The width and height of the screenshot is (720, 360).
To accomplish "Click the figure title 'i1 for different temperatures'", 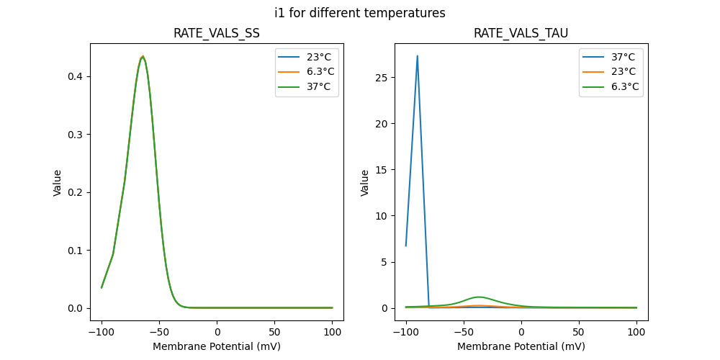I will pyautogui.click(x=360, y=13).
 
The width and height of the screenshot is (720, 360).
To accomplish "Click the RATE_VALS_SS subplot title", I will pyautogui.click(x=217, y=34).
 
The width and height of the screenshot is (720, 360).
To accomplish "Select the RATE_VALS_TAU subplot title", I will pyautogui.click(x=521, y=34).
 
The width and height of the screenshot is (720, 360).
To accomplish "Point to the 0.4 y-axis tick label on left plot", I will pyautogui.click(x=76, y=76).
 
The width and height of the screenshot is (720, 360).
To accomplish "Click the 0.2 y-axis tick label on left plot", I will pyautogui.click(x=76, y=192).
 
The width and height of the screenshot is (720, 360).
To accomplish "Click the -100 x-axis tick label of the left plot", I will pyautogui.click(x=102, y=333).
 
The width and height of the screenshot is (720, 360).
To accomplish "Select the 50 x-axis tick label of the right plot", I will pyautogui.click(x=578, y=333).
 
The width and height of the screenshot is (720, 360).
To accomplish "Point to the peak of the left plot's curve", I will pyautogui.click(x=143, y=56).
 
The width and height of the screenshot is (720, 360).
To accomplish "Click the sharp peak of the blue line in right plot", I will pyautogui.click(x=417, y=56).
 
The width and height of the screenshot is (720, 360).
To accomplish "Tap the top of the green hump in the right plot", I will pyautogui.click(x=479, y=297).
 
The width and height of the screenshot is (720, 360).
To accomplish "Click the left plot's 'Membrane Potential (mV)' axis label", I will pyautogui.click(x=217, y=346).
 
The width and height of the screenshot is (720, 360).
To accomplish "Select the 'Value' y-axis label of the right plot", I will pyautogui.click(x=365, y=182).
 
